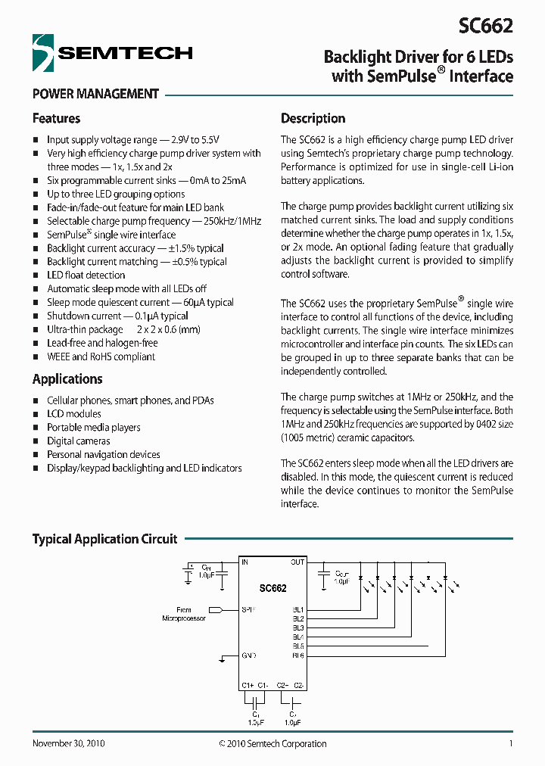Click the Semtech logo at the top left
point(112,53)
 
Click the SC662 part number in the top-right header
point(485,26)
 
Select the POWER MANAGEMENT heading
point(95,94)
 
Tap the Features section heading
point(56,118)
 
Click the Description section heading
point(313,118)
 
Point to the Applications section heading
point(67,378)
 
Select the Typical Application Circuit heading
point(104,539)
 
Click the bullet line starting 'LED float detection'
point(86,275)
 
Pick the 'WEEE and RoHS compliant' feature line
point(101,357)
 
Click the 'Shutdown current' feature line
point(117,316)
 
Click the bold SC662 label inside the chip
point(272,587)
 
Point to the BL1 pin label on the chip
point(297,609)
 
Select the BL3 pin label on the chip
point(297,627)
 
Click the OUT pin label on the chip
point(297,562)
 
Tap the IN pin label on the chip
point(245,562)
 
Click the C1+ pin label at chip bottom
point(247,685)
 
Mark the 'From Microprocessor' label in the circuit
point(184,614)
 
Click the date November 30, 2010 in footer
point(68,743)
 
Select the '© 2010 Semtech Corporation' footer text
point(272,743)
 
